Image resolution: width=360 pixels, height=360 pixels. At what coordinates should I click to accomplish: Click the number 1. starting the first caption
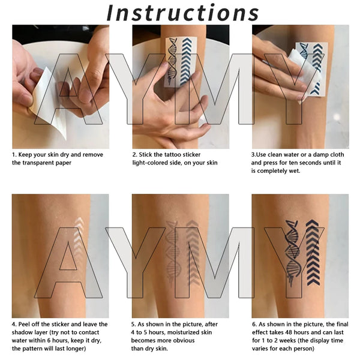[x=14, y=155]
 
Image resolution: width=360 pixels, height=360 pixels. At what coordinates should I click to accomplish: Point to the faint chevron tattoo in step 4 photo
[x=78, y=240]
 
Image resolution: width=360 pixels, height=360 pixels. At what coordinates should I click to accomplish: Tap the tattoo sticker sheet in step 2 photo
[x=180, y=60]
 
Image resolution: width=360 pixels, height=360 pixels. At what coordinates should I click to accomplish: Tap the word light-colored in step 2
[x=152, y=163]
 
